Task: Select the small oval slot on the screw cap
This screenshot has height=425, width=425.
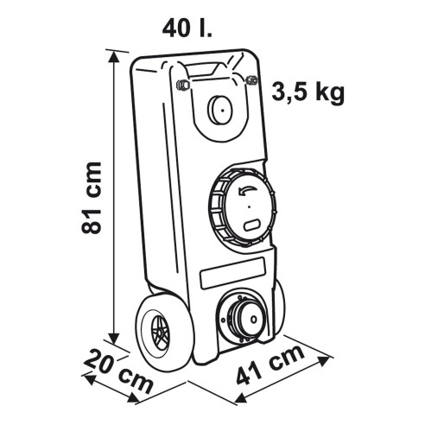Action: (x=251, y=225)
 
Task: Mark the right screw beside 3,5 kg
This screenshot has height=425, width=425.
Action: (x=251, y=80)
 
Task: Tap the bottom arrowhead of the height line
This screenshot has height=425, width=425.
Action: (x=114, y=339)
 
